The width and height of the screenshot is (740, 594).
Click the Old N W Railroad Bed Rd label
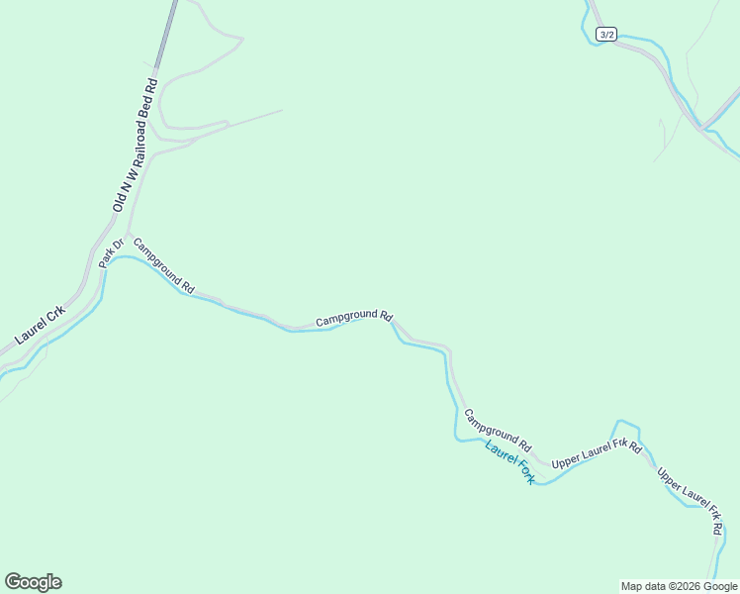136,146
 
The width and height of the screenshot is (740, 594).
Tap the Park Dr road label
110,253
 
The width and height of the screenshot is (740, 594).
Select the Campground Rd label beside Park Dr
163,265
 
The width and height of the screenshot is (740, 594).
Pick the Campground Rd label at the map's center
354,320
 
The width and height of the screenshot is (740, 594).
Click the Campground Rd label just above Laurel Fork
498,431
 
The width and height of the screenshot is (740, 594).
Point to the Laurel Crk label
41,325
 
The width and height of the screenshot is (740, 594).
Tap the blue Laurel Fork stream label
509,461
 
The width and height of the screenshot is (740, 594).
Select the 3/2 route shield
606,35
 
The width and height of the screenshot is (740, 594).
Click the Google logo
33,582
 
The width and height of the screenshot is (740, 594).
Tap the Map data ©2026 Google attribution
679,586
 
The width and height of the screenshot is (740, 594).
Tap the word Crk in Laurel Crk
56,313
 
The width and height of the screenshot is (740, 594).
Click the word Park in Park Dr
107,258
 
